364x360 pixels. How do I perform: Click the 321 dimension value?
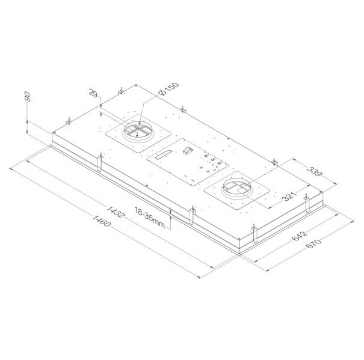tap(291, 197)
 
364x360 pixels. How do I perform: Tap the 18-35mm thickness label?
tap(150, 217)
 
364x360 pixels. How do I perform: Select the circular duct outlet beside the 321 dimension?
tap(238, 189)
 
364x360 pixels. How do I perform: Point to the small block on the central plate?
tap(187, 150)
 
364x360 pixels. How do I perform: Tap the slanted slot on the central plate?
tap(162, 155)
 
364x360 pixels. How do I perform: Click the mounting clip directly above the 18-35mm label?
tap(192, 215)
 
